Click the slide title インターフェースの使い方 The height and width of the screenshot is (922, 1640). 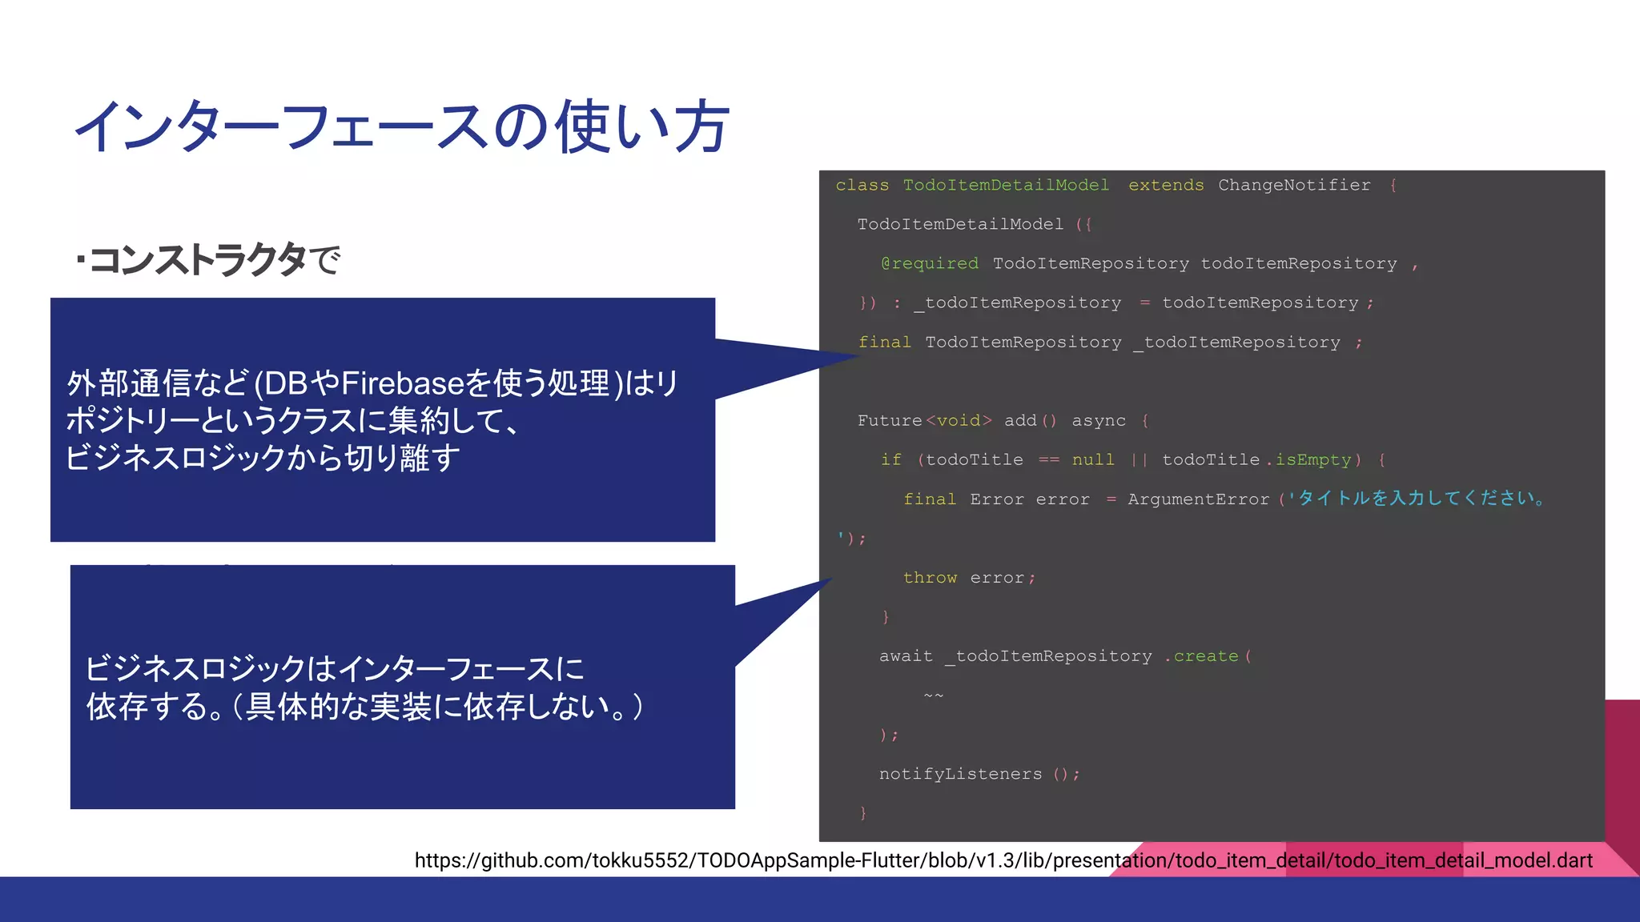pos(400,126)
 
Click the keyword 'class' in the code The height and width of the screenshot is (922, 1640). pos(862,186)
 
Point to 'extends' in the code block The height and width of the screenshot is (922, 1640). pos(1165,186)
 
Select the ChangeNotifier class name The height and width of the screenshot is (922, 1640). pos(1294,186)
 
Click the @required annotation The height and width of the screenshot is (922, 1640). pos(929,264)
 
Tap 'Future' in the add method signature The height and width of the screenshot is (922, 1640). pos(889,421)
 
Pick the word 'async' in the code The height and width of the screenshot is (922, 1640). pos(1098,421)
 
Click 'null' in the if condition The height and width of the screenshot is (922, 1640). pos(1092,460)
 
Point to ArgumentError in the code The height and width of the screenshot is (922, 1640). pos(1198,499)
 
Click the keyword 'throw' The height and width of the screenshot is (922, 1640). pos(929,578)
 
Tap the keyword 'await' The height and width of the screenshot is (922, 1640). pos(906,656)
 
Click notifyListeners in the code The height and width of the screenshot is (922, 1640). pos(960,774)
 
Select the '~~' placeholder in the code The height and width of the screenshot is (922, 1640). pos(933,696)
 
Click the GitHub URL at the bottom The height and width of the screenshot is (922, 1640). pos(1003,860)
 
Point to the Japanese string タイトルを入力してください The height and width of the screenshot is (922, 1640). pos(1421,499)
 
